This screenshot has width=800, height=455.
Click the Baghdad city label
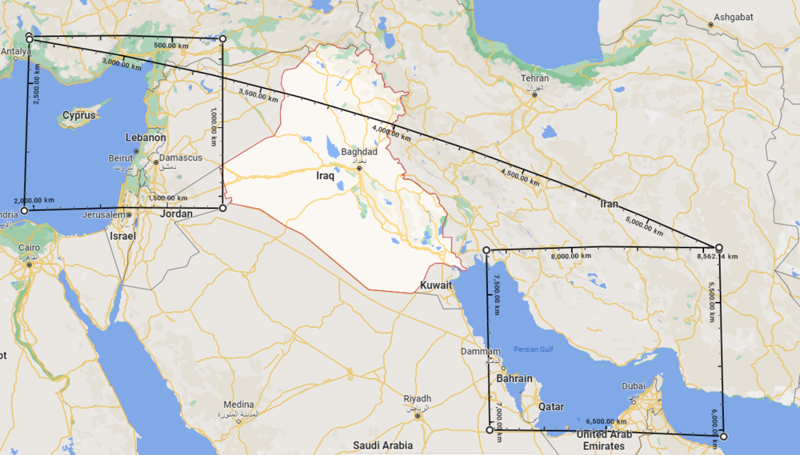click(358, 151)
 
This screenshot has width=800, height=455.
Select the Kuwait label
click(436, 285)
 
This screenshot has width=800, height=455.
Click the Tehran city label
click(535, 78)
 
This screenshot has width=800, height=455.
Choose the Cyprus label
click(79, 115)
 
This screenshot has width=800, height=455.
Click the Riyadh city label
click(417, 398)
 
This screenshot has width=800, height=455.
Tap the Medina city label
click(238, 405)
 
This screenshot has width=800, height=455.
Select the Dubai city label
click(633, 386)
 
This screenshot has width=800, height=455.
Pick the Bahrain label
click(514, 378)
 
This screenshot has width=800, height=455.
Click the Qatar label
click(551, 406)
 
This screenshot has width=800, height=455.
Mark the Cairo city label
click(29, 248)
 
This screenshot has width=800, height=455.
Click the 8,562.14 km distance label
click(717, 257)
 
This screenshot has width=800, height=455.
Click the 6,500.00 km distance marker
click(606, 421)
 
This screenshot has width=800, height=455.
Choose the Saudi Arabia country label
click(382, 445)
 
